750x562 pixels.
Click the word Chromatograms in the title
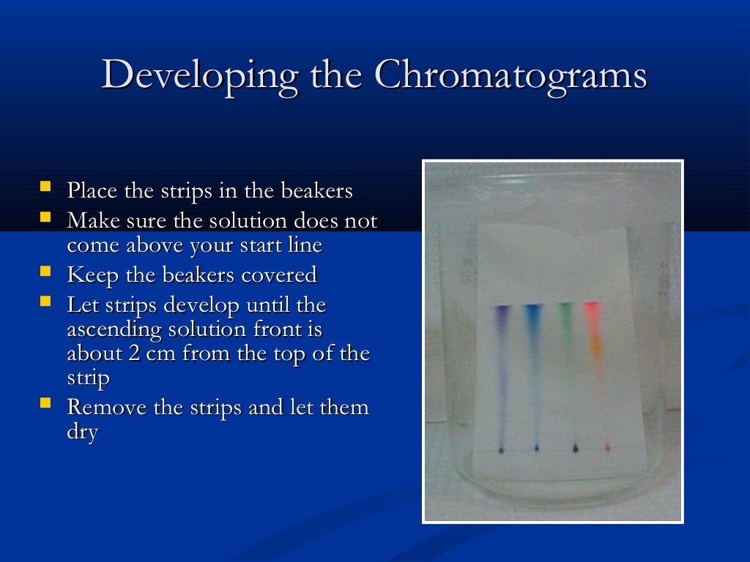(510, 75)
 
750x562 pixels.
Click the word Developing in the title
(199, 75)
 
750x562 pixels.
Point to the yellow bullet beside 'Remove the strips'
(46, 403)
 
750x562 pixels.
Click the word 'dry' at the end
(82, 432)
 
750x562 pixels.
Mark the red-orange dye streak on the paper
(594, 337)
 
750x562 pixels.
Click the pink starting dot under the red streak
(606, 446)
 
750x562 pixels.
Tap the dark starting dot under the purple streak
(501, 449)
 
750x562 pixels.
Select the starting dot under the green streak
(575, 446)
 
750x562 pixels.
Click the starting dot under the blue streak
(538, 447)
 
